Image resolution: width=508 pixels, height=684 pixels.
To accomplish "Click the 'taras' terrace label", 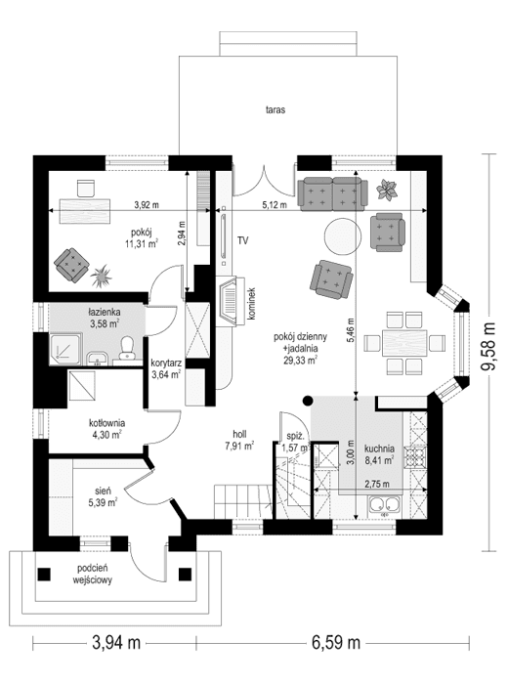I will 274,110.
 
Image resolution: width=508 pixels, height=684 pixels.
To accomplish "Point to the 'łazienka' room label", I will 103,314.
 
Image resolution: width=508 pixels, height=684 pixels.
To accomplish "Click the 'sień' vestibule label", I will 104,492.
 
